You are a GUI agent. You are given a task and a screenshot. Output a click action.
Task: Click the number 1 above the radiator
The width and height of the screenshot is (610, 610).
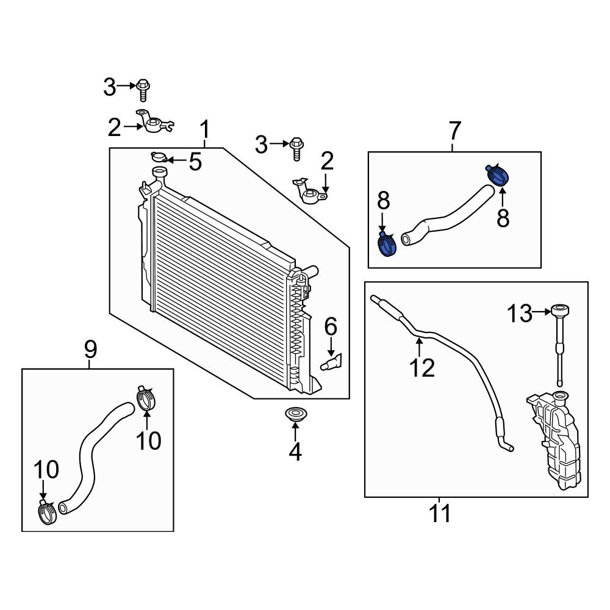[x=206, y=130]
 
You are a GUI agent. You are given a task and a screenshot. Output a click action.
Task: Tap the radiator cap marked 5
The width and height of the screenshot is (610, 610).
[x=159, y=157]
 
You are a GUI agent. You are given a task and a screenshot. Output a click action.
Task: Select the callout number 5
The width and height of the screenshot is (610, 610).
[x=194, y=162]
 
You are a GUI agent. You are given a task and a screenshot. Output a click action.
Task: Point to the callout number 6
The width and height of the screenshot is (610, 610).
[x=330, y=327]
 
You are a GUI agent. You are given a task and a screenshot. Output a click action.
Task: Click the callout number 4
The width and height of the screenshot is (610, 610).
[x=295, y=452]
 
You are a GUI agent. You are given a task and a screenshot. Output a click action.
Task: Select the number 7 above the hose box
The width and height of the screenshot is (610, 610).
[x=455, y=131]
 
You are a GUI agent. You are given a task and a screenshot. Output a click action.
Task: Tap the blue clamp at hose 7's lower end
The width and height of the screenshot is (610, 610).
[x=387, y=245]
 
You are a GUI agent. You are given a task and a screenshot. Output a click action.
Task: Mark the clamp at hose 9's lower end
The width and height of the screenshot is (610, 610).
[x=47, y=511]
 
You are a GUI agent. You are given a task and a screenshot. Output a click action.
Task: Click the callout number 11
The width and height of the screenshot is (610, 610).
[x=439, y=514]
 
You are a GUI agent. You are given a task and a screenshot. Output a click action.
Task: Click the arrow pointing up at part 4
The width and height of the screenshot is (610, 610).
[x=295, y=431]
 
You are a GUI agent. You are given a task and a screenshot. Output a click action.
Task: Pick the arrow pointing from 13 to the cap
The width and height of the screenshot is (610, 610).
[x=541, y=313]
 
